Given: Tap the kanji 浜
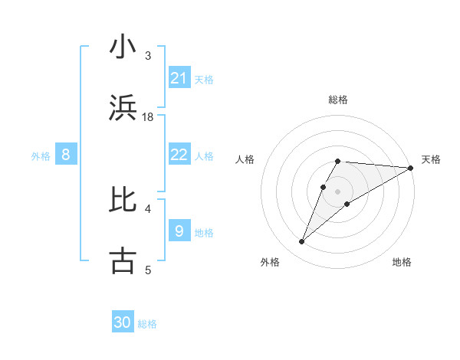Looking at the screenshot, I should pos(123,109).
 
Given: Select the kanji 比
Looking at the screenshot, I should pos(123,199).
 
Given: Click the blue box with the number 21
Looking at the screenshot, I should pos(179,77).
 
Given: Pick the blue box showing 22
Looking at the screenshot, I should pos(179,155).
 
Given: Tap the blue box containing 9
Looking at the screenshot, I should pos(179,231).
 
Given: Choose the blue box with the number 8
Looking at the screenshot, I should pos(66,155).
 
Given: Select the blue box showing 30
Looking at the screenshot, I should pos(123,322).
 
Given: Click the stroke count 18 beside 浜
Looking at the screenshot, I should pos(148,117).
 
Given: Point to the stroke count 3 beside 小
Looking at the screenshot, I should pos(148,56).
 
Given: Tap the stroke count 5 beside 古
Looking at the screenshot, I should pos(148,270).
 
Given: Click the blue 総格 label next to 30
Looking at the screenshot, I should pos(147,324).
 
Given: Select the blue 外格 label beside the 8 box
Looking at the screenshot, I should pos(41,156).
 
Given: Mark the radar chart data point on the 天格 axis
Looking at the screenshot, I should pos(410,168).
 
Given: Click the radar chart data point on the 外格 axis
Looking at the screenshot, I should pos(302,242).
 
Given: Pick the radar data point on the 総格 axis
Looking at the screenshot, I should pos(338,162).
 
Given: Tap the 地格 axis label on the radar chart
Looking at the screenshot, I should pos(402,262).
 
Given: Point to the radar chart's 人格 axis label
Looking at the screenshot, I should pos(245,159).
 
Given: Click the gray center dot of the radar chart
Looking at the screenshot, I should pos(337,191).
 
